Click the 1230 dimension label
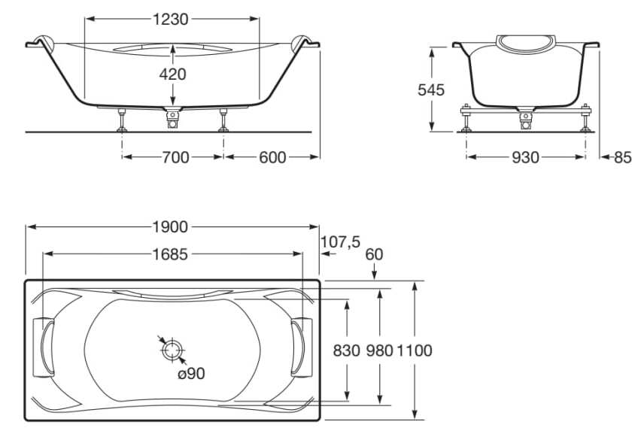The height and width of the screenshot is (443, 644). pyautogui.click(x=171, y=19)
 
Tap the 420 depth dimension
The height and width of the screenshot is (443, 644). pyautogui.click(x=172, y=74)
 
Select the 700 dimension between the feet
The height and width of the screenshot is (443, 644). pyautogui.click(x=175, y=157)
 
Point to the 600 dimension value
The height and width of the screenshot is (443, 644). pyautogui.click(x=272, y=157)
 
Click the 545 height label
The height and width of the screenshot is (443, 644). pyautogui.click(x=431, y=90)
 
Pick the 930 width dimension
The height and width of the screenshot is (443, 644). pyautogui.click(x=525, y=157)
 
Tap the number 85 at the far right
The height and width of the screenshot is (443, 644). pyautogui.click(x=623, y=157)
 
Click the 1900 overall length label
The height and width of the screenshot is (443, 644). pyautogui.click(x=170, y=226)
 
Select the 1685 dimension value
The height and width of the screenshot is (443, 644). pyautogui.click(x=170, y=254)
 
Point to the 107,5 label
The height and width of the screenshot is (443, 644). pyautogui.click(x=340, y=242)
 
